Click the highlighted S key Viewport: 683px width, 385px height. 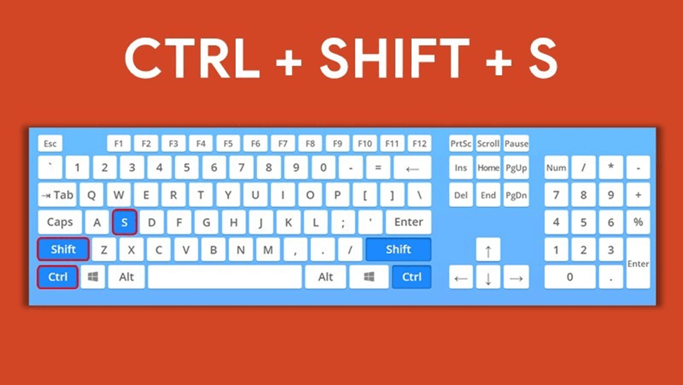(x=124, y=222)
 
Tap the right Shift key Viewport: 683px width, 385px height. (x=398, y=250)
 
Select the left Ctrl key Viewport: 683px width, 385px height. (x=57, y=277)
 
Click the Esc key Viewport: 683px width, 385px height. (x=50, y=144)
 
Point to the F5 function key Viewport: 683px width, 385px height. (x=228, y=144)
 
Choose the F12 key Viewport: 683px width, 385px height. (x=419, y=144)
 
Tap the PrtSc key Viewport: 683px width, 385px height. (x=460, y=144)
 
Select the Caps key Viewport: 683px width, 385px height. (x=60, y=222)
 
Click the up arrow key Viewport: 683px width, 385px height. (x=488, y=250)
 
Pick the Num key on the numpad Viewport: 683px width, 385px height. (x=556, y=168)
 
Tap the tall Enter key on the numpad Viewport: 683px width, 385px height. (x=638, y=263)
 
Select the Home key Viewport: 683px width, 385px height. (x=488, y=168)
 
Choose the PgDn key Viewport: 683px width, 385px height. (x=516, y=196)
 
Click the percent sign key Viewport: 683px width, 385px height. (x=638, y=222)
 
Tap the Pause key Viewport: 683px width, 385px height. (x=516, y=144)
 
